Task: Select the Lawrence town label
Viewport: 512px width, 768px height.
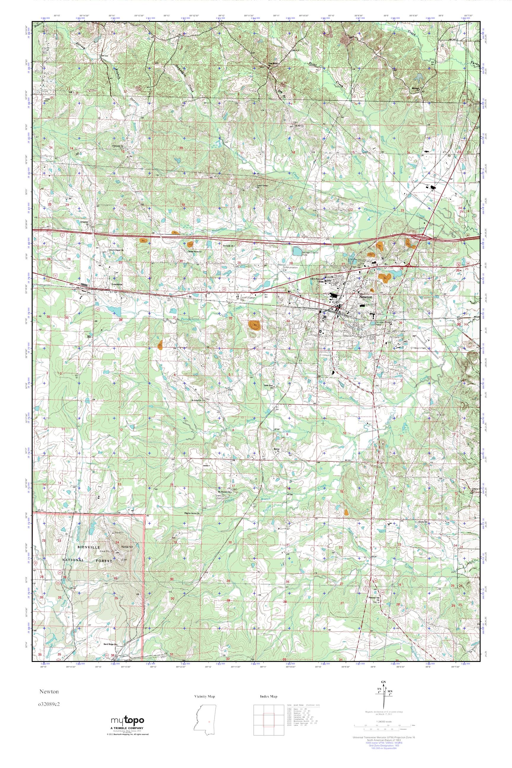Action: coord(117,284)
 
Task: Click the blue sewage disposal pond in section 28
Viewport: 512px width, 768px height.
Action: coord(297,251)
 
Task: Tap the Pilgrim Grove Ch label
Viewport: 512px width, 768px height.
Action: coord(192,513)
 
